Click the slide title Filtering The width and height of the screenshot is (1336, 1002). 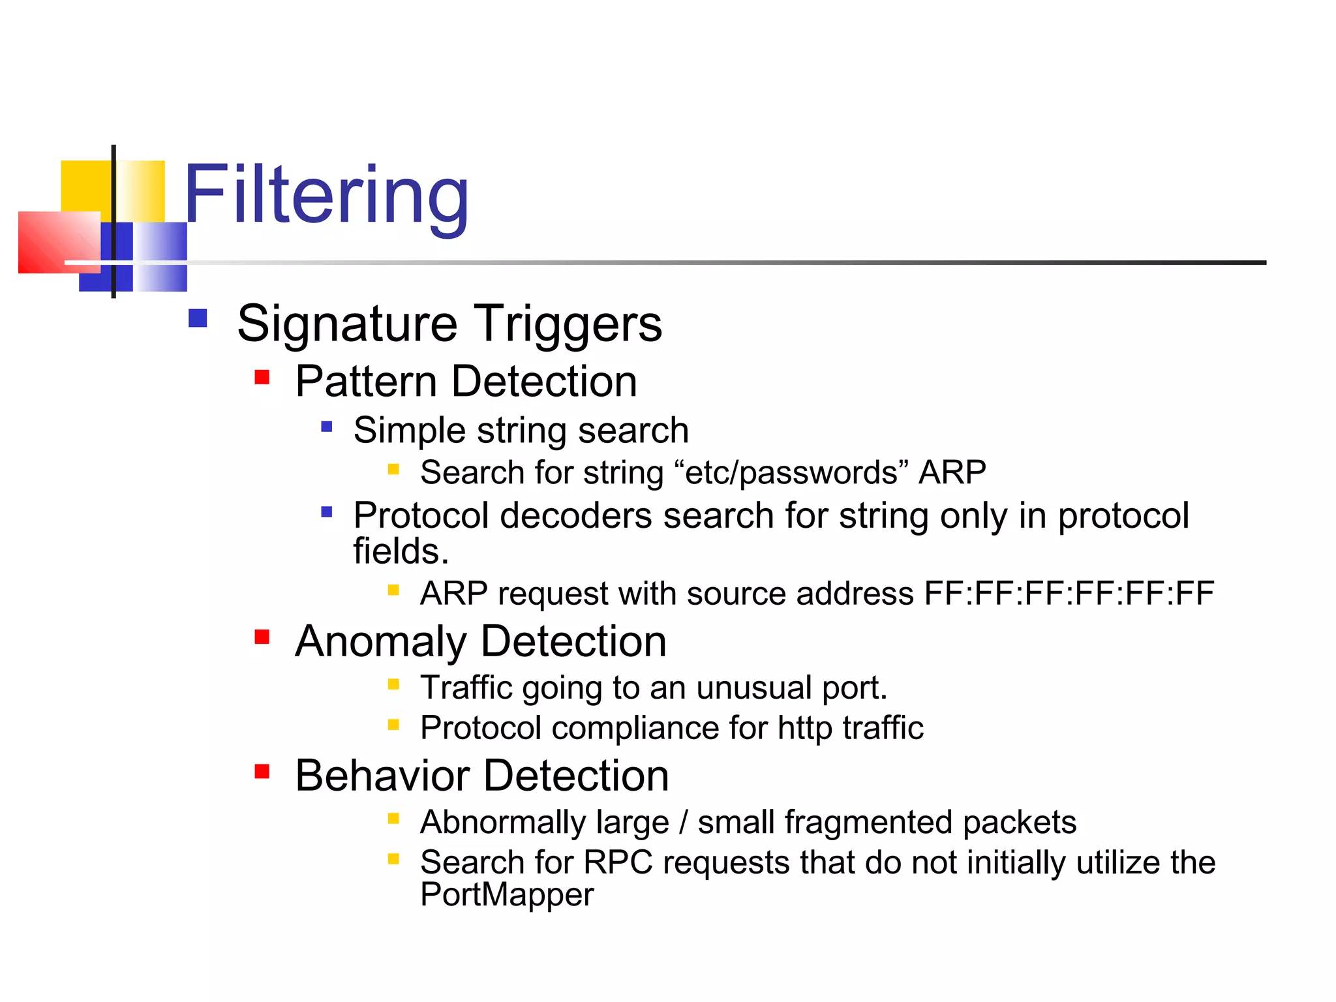[326, 196]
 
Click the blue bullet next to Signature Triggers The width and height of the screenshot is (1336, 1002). [198, 318]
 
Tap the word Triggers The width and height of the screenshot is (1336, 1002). [567, 325]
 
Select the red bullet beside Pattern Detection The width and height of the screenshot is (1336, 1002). [262, 377]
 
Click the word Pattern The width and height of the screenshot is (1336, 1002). [366, 382]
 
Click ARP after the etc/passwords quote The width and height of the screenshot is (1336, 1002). [952, 472]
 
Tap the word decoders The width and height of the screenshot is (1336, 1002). [575, 516]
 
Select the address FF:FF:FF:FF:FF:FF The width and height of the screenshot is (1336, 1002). [1069, 594]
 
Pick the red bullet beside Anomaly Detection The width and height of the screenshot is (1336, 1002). [262, 637]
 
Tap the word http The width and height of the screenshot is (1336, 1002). [805, 729]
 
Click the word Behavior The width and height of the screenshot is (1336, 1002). [382, 776]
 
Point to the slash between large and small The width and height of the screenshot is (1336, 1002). [683, 823]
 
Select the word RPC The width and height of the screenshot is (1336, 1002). [618, 862]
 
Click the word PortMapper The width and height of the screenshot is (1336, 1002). [507, 895]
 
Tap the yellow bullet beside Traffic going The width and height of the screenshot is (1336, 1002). [393, 684]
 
